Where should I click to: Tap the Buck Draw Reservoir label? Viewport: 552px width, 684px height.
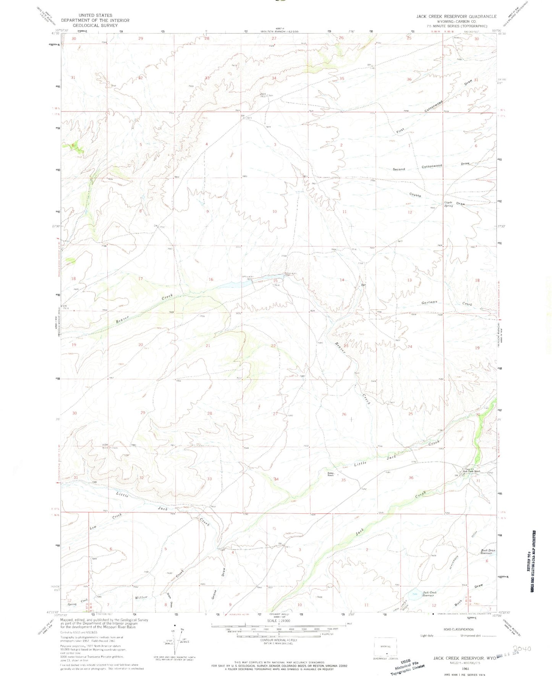tap(488, 551)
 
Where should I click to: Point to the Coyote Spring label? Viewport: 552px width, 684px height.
tap(448, 204)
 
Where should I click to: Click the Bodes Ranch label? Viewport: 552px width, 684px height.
tap(330, 474)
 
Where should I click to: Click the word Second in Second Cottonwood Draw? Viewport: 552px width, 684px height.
tap(398, 169)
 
